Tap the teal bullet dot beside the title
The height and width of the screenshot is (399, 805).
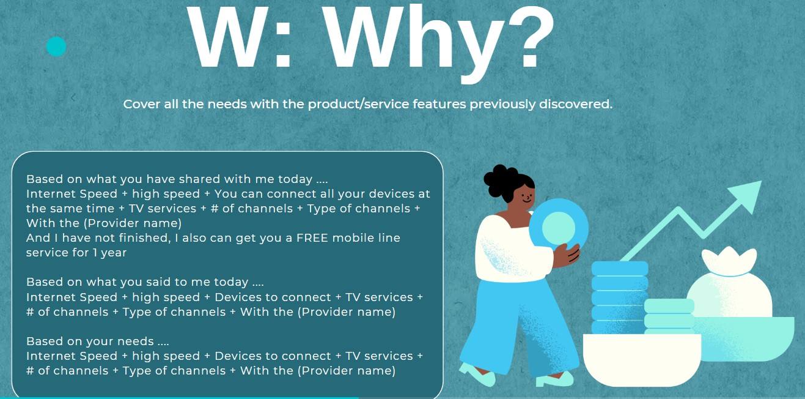(x=56, y=47)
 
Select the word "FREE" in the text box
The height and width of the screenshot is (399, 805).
(x=312, y=238)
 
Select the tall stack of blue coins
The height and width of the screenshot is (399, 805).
(x=620, y=297)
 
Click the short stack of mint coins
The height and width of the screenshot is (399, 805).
(x=669, y=316)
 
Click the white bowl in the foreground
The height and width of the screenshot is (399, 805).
(x=642, y=360)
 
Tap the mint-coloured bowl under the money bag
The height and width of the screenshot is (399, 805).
(x=748, y=338)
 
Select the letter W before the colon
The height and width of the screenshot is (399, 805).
(x=228, y=36)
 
